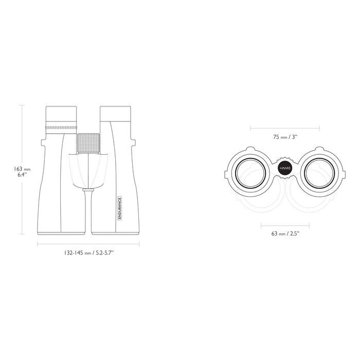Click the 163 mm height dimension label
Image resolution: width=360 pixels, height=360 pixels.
coord(22,171)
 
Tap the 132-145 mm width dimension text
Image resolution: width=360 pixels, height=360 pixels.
coord(89,253)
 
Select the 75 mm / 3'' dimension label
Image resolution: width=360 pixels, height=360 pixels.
coord(285,137)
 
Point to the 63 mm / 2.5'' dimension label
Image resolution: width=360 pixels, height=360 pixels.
coord(285,233)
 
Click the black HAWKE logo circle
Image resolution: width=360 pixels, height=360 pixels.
coord(285,168)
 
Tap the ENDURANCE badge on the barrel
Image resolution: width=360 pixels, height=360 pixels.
coord(119,208)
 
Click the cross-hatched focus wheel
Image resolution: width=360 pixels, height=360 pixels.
coord(88,143)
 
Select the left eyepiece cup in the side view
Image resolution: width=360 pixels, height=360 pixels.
coord(61,114)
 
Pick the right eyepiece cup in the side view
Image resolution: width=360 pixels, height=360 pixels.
coord(116,114)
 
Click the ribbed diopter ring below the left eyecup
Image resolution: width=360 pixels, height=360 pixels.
coord(61,128)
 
